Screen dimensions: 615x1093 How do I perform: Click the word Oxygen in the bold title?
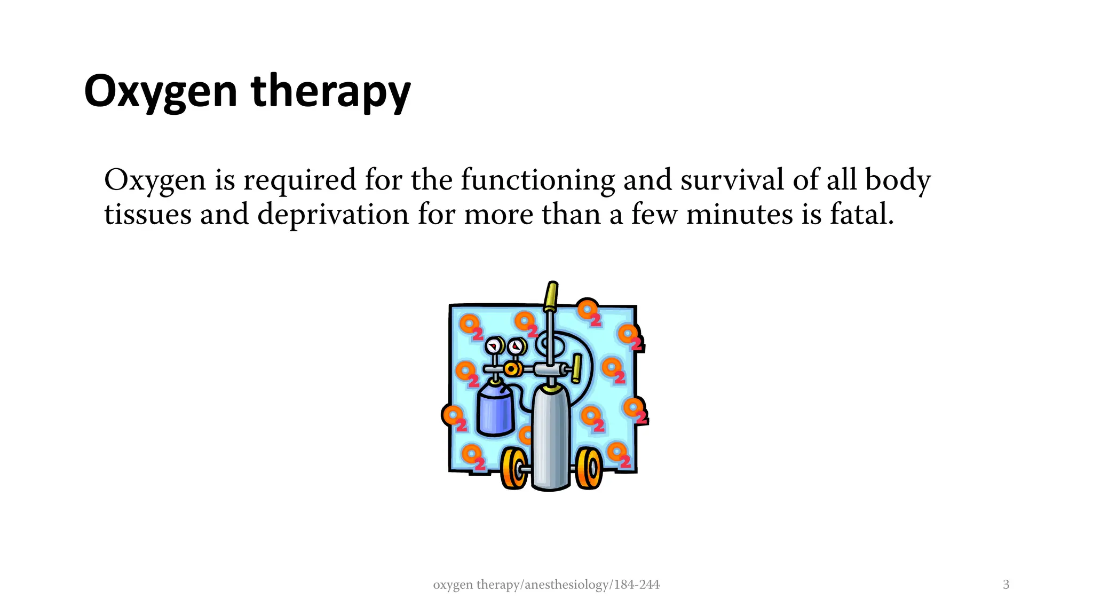click(160, 92)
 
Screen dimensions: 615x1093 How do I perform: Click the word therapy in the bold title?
click(330, 92)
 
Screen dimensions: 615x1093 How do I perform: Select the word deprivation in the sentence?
click(333, 215)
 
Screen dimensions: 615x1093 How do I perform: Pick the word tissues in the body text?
click(147, 215)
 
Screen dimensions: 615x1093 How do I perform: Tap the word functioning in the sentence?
click(537, 180)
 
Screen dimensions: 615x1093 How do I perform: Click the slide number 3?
click(1006, 585)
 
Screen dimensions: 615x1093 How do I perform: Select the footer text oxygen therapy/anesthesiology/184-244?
click(546, 585)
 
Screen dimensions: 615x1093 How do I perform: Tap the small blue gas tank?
click(495, 411)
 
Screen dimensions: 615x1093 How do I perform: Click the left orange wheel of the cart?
click(514, 469)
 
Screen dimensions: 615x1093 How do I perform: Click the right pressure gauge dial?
click(516, 348)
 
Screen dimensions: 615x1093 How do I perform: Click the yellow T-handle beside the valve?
click(576, 368)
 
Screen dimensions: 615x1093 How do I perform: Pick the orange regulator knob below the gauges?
click(512, 369)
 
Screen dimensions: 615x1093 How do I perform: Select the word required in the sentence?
click(299, 180)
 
